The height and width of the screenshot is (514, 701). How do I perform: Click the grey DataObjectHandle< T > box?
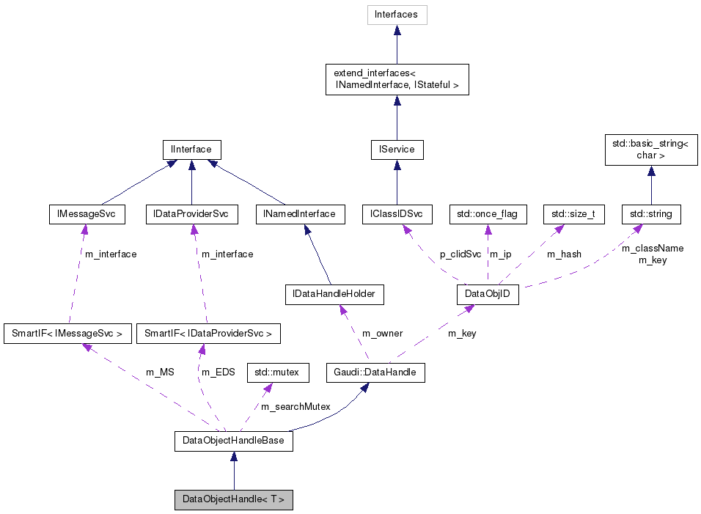(233, 500)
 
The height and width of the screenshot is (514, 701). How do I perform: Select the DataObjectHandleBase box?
(233, 441)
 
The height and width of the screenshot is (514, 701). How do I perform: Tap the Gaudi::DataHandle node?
(375, 372)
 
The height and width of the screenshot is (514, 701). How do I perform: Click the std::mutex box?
(277, 372)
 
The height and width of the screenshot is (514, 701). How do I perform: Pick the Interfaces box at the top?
(397, 15)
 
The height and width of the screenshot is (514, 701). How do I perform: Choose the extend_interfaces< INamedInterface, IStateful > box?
(397, 79)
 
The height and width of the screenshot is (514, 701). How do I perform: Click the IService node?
(397, 150)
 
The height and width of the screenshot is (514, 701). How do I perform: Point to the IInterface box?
(191, 150)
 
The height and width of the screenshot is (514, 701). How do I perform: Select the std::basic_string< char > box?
(650, 150)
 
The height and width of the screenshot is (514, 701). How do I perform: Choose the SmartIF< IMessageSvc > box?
(67, 334)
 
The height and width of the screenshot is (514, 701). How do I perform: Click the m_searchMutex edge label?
(296, 406)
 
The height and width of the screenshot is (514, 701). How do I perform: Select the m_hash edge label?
(564, 254)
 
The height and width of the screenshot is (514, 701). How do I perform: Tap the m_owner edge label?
(382, 334)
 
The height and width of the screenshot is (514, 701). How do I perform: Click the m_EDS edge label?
(218, 372)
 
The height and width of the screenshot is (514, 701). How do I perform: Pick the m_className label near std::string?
(653, 249)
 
